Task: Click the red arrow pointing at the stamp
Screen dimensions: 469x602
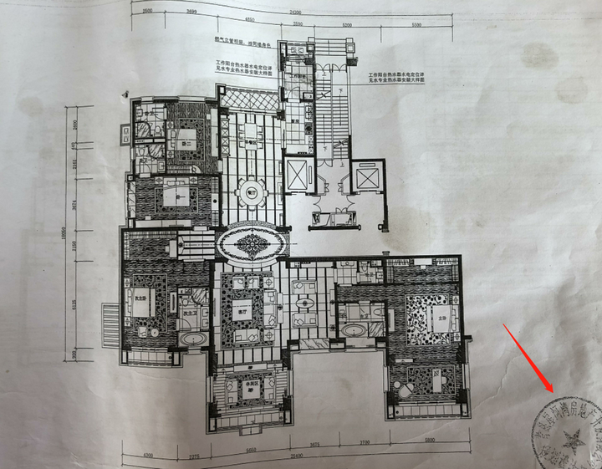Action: (529, 354)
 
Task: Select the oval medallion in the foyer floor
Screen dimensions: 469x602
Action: (252, 244)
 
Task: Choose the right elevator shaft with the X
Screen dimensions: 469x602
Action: (367, 178)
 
